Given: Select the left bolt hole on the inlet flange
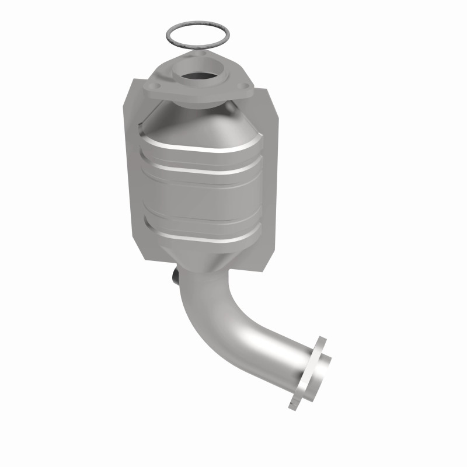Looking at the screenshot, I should click(x=155, y=90).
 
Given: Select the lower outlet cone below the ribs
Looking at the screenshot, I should click(x=201, y=257).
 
